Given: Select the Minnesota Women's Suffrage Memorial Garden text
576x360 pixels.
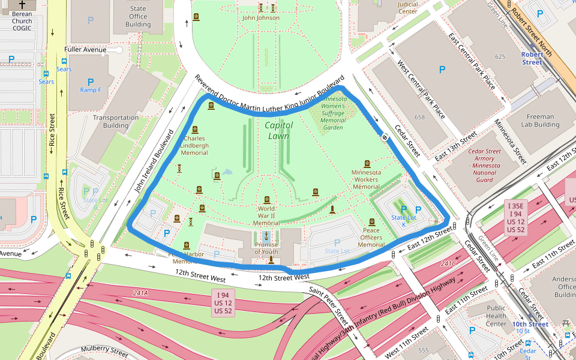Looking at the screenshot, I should tap(333, 113).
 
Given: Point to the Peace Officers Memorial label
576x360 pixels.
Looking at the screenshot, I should tap(371, 238).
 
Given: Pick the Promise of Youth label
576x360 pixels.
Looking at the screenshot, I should tap(266, 248).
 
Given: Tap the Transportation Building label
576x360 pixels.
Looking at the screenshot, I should tap(116, 121).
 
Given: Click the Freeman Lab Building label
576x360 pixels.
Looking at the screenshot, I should tap(539, 121).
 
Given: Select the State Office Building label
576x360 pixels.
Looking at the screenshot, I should tap(138, 17).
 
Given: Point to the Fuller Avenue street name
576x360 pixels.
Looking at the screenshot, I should tap(86, 49).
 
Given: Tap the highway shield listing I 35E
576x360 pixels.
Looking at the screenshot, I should tap(515, 217).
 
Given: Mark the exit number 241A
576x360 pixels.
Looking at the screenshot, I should tap(141, 293).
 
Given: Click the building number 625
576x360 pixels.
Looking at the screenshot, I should tap(500, 56).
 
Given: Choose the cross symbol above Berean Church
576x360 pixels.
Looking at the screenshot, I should tap(22, 4).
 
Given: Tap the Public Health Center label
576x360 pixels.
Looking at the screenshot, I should tap(496, 316).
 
